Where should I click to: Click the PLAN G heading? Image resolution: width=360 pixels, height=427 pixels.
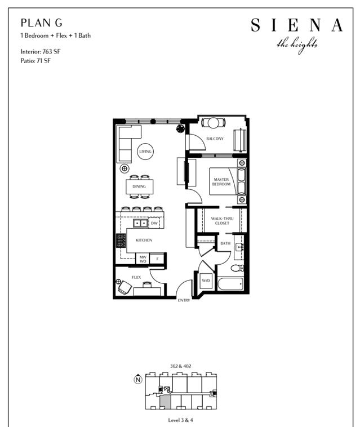[41, 23]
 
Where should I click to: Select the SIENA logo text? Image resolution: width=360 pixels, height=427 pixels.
[296, 25]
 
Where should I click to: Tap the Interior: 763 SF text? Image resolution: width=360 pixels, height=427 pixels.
[41, 51]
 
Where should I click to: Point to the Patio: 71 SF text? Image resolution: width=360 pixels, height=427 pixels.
[35, 61]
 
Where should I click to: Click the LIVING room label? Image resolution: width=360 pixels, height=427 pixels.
[145, 152]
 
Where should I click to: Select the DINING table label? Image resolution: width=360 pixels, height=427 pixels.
[139, 186]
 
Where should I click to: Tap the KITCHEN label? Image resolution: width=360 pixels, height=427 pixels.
[144, 240]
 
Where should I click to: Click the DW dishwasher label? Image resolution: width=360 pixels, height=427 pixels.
[154, 223]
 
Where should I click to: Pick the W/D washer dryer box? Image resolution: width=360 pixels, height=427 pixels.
[206, 281]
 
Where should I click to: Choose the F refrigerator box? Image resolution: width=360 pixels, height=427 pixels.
[157, 259]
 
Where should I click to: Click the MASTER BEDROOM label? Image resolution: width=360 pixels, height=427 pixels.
[221, 181]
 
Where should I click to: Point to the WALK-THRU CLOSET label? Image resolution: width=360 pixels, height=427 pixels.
[222, 221]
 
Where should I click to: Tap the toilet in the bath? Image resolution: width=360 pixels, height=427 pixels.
[237, 268]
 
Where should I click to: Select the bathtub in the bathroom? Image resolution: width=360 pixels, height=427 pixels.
[230, 284]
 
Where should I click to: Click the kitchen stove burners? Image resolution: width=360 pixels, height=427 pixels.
[121, 241]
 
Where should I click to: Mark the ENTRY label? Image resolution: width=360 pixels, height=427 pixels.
[184, 300]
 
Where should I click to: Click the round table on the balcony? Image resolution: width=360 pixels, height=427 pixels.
[214, 123]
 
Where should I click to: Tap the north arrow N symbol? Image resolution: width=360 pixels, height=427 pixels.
[138, 379]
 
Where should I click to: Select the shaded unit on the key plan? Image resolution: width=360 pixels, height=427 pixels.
[165, 402]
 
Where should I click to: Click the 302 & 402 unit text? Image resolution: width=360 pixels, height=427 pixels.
[180, 366]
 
